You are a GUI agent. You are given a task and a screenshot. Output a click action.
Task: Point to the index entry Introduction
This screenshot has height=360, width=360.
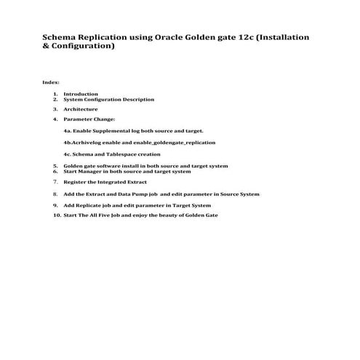click(x=80, y=94)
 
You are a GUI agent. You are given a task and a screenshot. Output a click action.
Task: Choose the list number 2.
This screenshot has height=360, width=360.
click(x=55, y=99)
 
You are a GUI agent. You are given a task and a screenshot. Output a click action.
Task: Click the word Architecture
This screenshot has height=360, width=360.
click(x=80, y=109)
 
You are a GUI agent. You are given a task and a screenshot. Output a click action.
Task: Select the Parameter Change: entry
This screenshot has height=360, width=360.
click(x=89, y=119)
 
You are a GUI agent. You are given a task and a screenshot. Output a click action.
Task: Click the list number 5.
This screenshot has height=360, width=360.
click(x=55, y=166)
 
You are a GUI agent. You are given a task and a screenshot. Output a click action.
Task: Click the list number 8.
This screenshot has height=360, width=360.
click(x=55, y=194)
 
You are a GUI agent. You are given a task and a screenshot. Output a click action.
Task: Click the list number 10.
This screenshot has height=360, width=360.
click(x=57, y=215)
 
